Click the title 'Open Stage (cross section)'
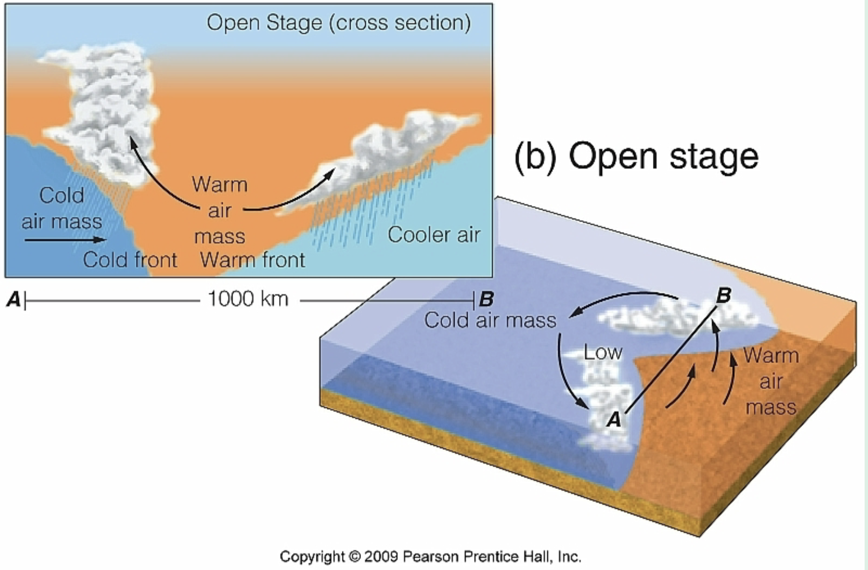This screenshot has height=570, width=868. (339, 23)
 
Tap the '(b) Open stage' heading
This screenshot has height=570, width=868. (636, 157)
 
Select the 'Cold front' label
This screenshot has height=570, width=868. (130, 260)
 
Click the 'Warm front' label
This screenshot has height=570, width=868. (252, 260)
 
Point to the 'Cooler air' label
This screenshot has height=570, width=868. (434, 235)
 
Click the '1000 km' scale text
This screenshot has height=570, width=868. (248, 299)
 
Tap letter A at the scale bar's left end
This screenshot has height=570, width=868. (14, 300)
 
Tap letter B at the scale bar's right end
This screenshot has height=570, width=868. (486, 300)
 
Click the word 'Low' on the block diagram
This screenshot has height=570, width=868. (603, 352)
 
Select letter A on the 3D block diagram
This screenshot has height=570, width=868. (614, 419)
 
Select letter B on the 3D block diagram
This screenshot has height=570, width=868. (723, 295)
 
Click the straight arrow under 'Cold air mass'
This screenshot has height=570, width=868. (64, 239)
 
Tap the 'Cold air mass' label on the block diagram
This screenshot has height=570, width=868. (490, 320)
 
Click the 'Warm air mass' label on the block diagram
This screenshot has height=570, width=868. (770, 381)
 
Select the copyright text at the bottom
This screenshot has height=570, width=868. (430, 556)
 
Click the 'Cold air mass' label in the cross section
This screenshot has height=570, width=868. (62, 208)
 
